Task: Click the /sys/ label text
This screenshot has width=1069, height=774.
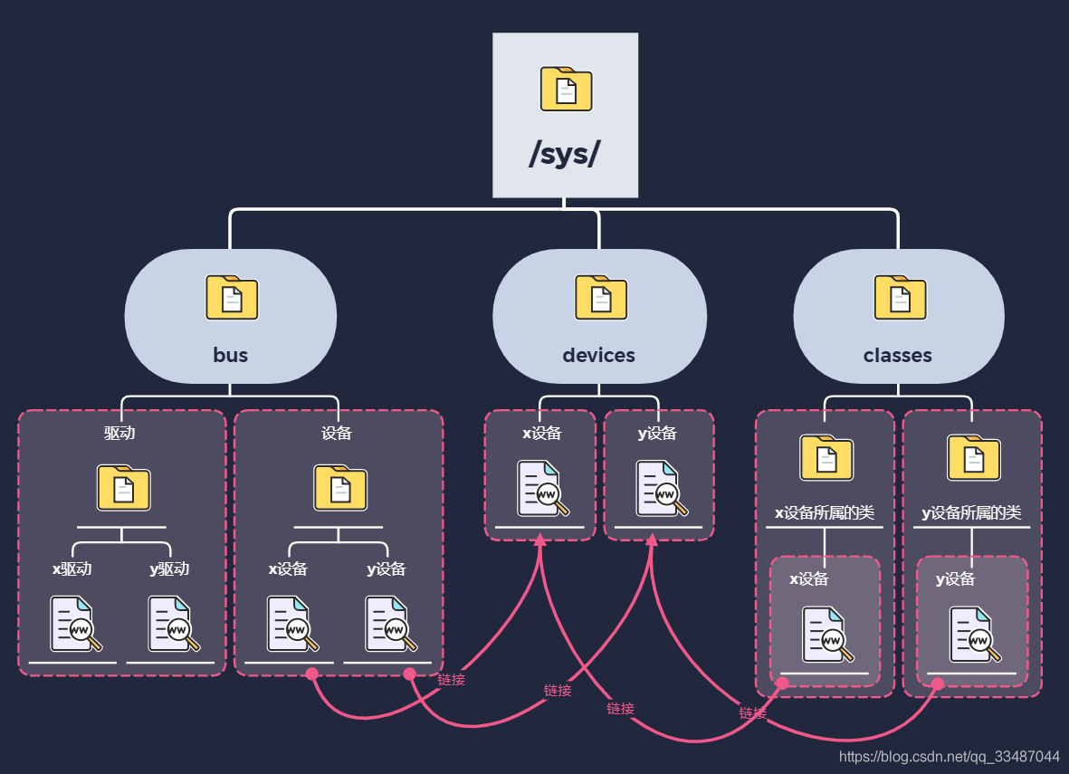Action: coord(565,153)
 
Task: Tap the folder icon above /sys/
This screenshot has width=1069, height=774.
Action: coord(566,89)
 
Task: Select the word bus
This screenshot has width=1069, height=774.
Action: coord(231,355)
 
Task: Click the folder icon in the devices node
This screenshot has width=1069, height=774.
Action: coord(601,298)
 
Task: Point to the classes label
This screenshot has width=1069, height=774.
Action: coord(897,355)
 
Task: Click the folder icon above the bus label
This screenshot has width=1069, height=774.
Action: coord(232,298)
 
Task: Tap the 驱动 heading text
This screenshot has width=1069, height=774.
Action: coord(119,433)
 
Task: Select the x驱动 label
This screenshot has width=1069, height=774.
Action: coord(72,569)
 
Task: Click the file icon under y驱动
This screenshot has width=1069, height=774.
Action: coord(174,624)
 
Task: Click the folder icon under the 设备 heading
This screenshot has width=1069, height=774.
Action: coord(340,488)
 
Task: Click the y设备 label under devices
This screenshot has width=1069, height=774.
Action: coord(657,433)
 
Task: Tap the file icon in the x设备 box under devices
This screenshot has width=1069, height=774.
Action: coord(543,488)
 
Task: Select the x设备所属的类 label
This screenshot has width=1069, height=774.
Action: coord(825,512)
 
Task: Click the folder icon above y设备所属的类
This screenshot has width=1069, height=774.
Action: coord(974,457)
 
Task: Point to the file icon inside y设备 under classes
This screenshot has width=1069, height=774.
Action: coord(976,635)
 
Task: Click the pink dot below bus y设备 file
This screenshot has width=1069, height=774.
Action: coord(410,674)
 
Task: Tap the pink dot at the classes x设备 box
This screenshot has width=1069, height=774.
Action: coord(783,683)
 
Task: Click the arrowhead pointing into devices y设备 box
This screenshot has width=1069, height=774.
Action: coord(652,540)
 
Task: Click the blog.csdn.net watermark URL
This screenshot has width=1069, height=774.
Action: coord(949,756)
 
